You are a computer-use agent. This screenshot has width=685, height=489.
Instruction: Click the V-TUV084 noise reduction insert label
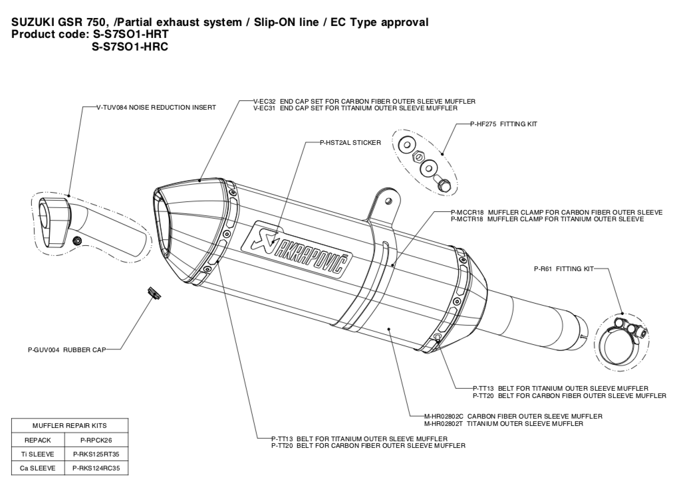tap(156, 108)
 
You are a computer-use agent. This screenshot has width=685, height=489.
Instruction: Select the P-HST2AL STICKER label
tap(350, 143)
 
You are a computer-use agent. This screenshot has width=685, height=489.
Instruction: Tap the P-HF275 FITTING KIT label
tap(503, 124)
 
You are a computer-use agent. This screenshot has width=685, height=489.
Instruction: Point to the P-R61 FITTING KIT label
tap(563, 269)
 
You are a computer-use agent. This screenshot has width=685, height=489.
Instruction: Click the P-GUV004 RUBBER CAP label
tap(67, 349)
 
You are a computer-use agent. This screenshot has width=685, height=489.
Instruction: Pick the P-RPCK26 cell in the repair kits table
tap(96, 440)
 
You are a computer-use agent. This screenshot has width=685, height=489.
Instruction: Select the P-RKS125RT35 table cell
tap(96, 454)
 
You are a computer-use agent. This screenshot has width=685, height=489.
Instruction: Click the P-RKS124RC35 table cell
tap(96, 468)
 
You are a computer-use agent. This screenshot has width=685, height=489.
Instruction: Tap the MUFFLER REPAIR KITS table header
tap(69, 426)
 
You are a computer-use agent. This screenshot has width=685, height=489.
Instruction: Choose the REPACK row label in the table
tap(38, 440)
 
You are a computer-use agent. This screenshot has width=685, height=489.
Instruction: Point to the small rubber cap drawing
tap(154, 293)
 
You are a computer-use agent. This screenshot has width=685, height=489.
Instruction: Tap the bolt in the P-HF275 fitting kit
tap(442, 183)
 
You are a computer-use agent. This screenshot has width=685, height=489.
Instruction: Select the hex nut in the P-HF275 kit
tap(418, 155)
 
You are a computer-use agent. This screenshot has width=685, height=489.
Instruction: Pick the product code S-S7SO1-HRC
tap(130, 47)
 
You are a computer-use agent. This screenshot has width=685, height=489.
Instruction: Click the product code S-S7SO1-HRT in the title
tap(130, 34)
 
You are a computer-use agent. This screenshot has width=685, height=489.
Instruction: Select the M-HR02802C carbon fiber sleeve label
tap(513, 417)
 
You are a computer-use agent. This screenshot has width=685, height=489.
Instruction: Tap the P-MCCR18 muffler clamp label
tap(557, 213)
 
